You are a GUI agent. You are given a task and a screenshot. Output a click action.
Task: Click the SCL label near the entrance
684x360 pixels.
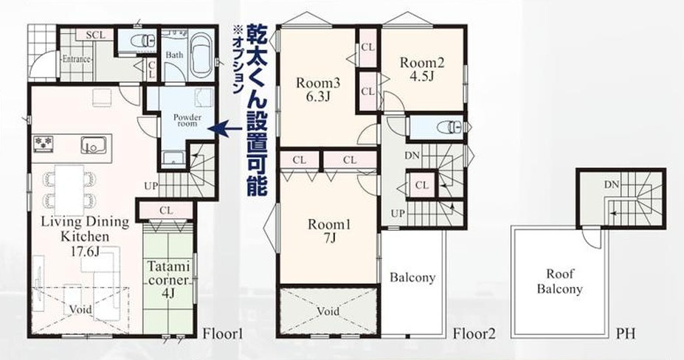click(94, 35)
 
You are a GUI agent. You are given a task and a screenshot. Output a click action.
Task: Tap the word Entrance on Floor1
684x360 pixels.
click(76, 59)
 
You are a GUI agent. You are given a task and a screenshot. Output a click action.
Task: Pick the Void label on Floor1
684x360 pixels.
click(81, 310)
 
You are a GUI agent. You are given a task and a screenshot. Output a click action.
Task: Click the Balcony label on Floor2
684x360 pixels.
click(412, 278)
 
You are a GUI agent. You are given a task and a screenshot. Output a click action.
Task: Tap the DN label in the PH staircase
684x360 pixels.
click(612, 184)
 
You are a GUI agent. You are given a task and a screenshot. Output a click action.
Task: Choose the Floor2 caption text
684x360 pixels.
click(474, 333)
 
